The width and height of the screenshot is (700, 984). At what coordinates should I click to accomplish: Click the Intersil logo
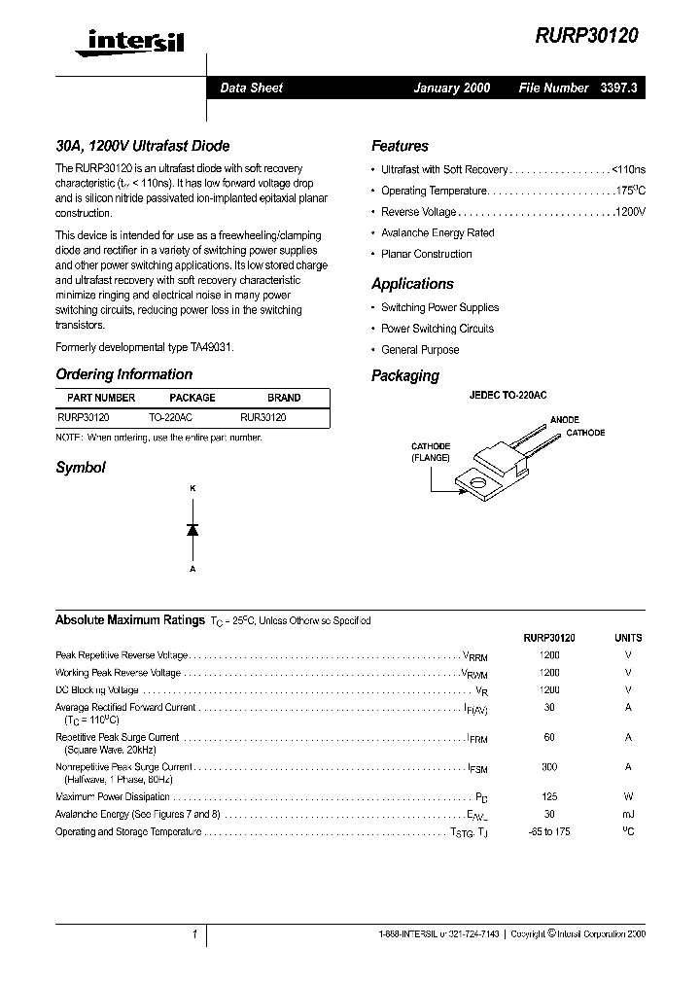pyautogui.click(x=135, y=41)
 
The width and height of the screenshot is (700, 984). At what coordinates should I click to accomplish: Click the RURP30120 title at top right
pyautogui.click(x=586, y=36)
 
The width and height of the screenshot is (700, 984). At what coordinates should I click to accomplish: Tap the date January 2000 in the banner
pyautogui.click(x=452, y=88)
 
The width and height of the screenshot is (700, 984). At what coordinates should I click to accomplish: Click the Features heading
pyautogui.click(x=400, y=146)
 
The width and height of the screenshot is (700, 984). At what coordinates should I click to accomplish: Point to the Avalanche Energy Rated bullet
pyautogui.click(x=437, y=233)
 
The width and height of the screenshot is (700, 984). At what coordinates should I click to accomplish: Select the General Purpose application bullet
pyautogui.click(x=420, y=350)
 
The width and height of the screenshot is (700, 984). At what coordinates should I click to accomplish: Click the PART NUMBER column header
pyautogui.click(x=101, y=398)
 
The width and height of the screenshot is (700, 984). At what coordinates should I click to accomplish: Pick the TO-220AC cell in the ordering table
pyautogui.click(x=170, y=416)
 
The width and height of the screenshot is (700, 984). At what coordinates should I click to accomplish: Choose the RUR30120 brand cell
pyautogui.click(x=263, y=416)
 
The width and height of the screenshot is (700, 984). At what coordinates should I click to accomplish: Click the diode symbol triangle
pyautogui.click(x=192, y=529)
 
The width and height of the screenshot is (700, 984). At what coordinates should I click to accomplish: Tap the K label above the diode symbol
pyautogui.click(x=192, y=487)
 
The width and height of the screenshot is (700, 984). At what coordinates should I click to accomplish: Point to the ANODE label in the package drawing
pyautogui.click(x=564, y=420)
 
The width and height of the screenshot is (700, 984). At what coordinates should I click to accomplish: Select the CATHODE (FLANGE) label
pyautogui.click(x=429, y=451)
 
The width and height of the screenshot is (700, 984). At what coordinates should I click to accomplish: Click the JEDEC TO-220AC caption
pyautogui.click(x=507, y=396)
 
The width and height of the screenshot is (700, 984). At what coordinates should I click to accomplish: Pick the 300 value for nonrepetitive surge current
pyautogui.click(x=549, y=767)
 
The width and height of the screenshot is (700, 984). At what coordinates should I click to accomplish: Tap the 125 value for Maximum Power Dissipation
pyautogui.click(x=549, y=796)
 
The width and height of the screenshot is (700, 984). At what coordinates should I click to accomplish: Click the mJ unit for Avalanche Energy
pyautogui.click(x=628, y=814)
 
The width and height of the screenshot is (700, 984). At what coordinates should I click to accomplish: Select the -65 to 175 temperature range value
pyautogui.click(x=549, y=832)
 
